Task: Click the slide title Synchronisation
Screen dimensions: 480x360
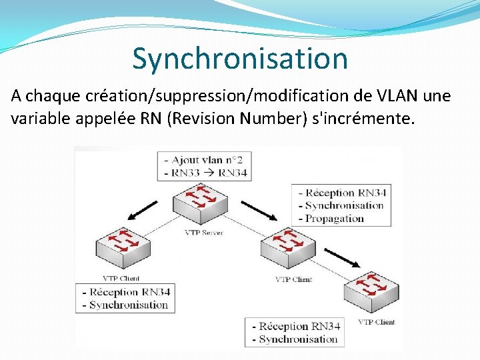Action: point(240,59)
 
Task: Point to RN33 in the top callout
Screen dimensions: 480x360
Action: point(187,173)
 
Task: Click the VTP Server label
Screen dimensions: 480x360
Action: point(203,233)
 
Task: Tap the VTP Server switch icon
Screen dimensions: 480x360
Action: point(203,200)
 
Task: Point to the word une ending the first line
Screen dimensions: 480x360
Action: point(437,97)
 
